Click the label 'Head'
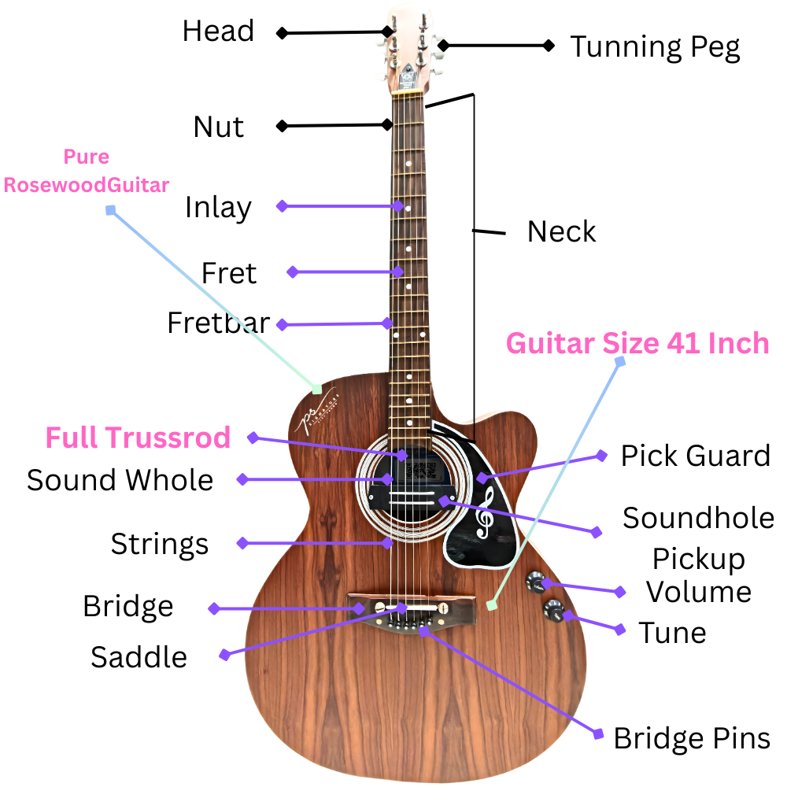coord(218,31)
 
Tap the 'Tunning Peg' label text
coord(655,47)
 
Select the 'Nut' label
coord(219,127)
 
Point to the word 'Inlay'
coord(218,208)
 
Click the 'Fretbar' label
coord(218,323)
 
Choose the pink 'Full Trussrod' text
coord(138,438)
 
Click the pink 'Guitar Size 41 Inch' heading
coord(637,344)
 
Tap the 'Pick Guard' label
coord(695,456)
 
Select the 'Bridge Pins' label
coord(691,738)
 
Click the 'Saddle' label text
coord(139,656)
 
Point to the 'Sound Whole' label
coord(120,480)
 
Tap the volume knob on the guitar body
coord(537,582)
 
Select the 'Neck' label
coord(561,232)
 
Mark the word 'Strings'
coord(159,544)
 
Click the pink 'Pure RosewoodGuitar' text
coord(87,172)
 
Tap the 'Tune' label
coord(671,633)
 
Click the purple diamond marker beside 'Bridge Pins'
coord(598,734)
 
